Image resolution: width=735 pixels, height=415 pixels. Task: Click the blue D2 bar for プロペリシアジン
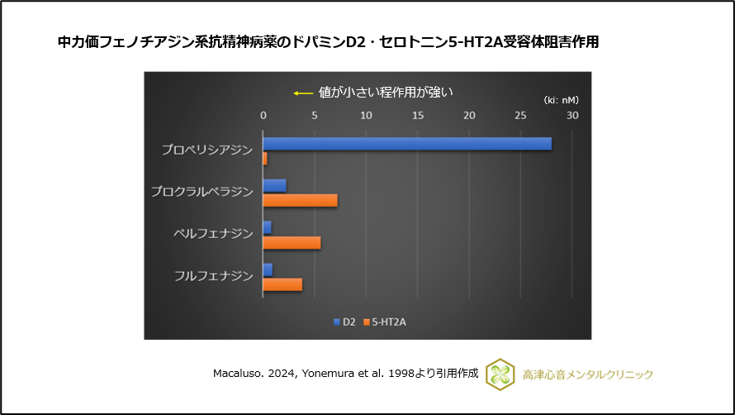[407, 144]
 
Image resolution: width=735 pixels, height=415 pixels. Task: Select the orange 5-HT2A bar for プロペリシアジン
[265, 158]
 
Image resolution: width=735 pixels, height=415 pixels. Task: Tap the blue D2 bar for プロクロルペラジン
[275, 185]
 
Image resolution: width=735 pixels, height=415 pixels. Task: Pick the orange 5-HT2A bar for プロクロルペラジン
[300, 200]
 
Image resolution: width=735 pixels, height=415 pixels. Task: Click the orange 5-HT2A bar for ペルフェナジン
[292, 242]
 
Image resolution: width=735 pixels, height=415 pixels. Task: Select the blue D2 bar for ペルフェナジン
[267, 227]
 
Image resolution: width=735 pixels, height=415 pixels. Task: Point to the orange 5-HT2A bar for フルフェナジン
[282, 284]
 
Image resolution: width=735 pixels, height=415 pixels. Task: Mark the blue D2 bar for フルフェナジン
[268, 270]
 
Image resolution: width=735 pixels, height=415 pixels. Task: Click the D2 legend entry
[344, 322]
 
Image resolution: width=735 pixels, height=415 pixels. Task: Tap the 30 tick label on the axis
[572, 115]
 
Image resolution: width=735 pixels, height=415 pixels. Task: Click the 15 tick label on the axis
[418, 115]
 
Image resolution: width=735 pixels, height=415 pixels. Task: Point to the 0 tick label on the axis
[263, 115]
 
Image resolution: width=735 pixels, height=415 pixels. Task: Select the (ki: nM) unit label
[561, 99]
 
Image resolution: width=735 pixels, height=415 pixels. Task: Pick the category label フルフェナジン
[214, 276]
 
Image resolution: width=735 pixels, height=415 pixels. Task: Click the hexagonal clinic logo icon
[500, 374]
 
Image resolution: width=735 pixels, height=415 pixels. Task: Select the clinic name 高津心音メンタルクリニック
[587, 374]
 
